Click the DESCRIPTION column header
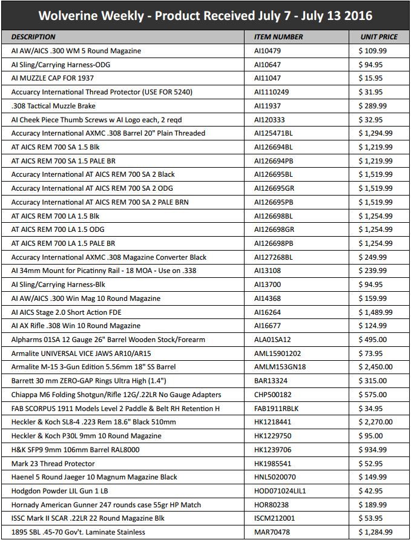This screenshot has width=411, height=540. click(33, 37)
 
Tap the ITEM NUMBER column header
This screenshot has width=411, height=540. click(278, 37)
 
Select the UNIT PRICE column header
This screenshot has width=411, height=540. click(379, 37)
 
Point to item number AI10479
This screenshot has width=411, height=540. click(269, 51)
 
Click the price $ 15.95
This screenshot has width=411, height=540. click(370, 78)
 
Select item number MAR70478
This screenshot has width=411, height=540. click(272, 532)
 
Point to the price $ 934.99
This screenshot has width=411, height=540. click(372, 450)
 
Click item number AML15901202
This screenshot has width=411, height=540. click(278, 354)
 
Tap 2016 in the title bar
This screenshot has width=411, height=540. click(357, 16)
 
